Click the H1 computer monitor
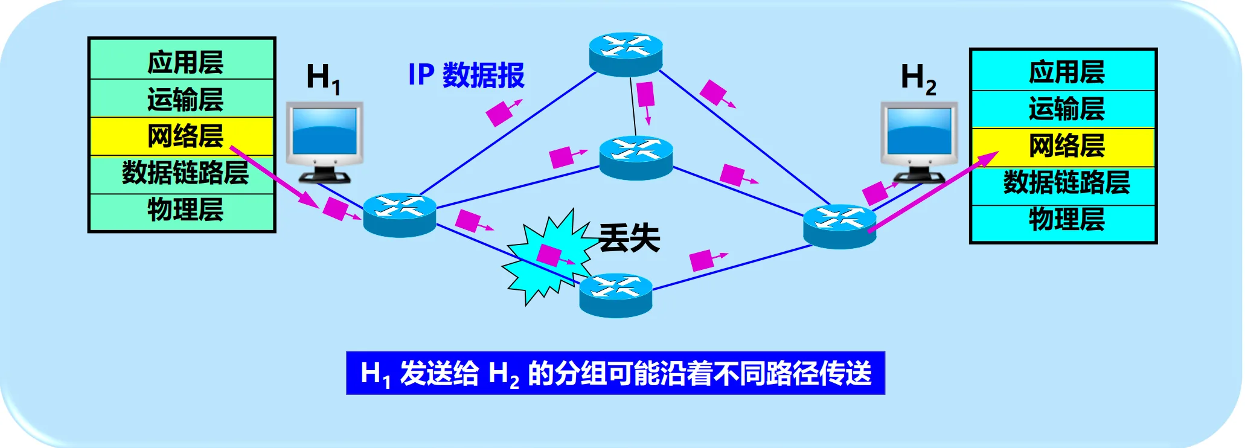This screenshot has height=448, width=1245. (325, 136)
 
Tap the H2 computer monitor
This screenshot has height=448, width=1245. (919, 136)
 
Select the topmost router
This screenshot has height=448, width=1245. (626, 54)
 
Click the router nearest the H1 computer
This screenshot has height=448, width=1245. (400, 214)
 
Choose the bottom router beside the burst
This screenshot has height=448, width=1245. (616, 295)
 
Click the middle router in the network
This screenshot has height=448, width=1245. (636, 158)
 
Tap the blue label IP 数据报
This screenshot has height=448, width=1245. (466, 75)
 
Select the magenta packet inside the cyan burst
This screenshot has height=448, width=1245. (549, 255)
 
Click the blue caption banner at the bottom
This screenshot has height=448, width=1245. (615, 373)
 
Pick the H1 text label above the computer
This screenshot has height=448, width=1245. (323, 78)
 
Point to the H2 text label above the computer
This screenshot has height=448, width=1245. (918, 78)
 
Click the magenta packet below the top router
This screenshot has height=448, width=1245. (645, 94)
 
